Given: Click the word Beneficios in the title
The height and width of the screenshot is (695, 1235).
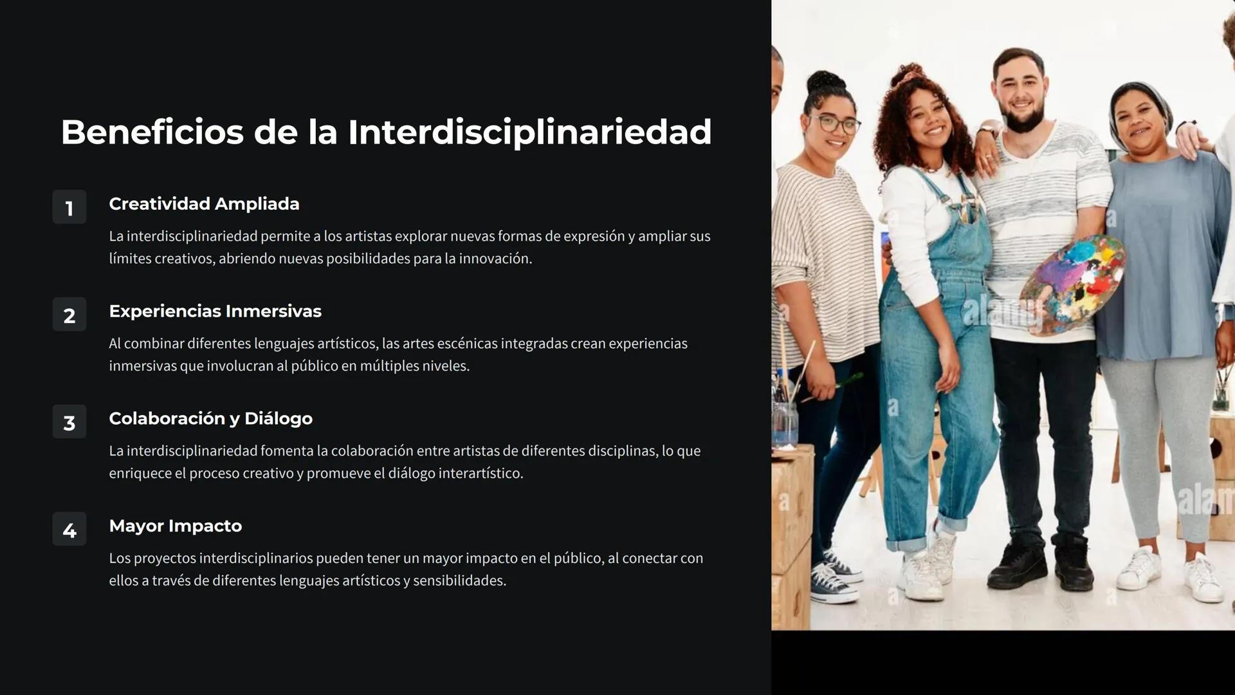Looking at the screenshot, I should pos(152,132).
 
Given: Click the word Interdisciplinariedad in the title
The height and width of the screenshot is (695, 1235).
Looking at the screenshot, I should pos(529,132).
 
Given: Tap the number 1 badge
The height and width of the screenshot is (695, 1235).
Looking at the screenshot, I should pos(69,207).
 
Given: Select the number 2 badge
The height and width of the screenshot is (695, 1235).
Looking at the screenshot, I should pos(69,315).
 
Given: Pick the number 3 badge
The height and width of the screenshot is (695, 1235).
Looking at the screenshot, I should pos(69,422).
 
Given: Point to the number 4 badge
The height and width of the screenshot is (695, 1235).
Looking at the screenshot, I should pos(69,530).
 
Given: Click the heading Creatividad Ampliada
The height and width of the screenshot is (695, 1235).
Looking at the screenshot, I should pos(204,203).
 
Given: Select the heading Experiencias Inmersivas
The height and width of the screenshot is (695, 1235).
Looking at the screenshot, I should pos(215,311).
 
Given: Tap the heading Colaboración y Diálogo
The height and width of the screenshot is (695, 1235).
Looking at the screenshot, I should pos(210,418).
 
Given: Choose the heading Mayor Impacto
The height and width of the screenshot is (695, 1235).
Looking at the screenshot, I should pos(175,526).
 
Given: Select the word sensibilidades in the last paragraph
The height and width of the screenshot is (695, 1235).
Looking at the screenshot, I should pos(459,581).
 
